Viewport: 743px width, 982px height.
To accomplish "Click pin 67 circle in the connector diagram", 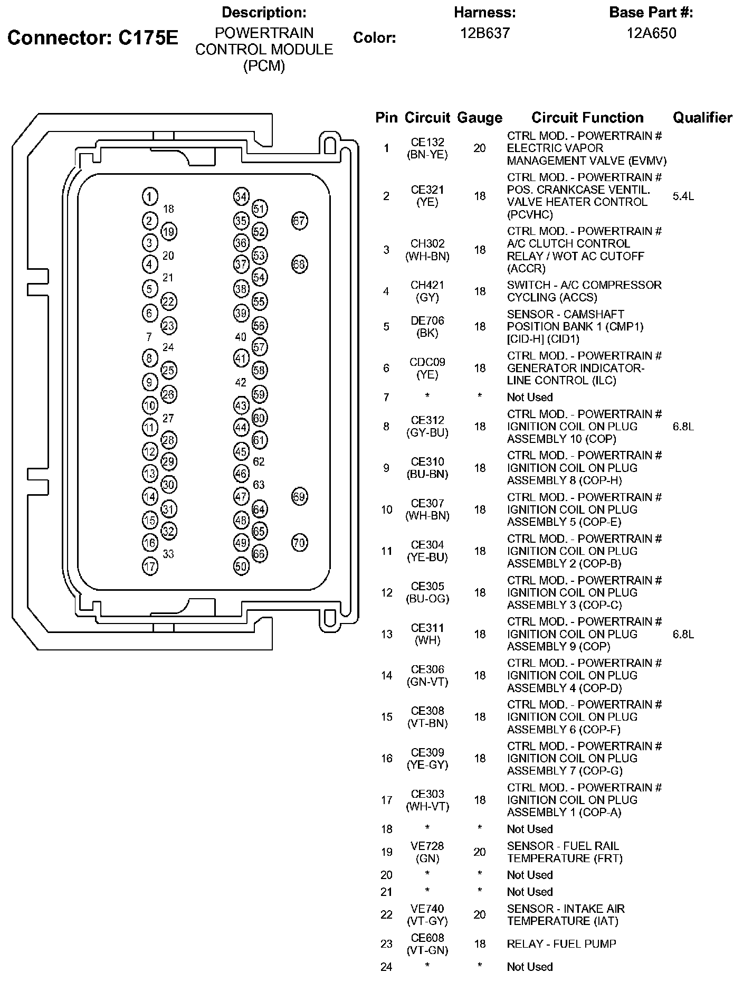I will pos(299,221).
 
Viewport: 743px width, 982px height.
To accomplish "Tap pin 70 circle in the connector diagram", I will pos(299,542).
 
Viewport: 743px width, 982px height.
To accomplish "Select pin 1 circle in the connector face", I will pos(150,196).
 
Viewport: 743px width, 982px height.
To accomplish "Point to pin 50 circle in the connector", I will pos(241,566).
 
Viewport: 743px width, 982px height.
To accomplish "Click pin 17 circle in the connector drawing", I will pos(150,566).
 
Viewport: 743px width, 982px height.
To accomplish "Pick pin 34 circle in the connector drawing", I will pos(241,196).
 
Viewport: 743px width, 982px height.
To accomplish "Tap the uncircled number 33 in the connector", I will pos(168,554).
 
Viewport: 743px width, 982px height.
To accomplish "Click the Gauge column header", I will pos(479,118).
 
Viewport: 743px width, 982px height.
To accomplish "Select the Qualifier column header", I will pos(702,118).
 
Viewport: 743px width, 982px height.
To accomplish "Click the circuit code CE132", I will pos(427,142).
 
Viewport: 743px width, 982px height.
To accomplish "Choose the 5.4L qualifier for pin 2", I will pos(683,196).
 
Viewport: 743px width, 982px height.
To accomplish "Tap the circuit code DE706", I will pos(427,320).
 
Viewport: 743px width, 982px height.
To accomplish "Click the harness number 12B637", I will pos(485,33).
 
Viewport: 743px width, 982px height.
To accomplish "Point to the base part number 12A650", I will pos(651,33).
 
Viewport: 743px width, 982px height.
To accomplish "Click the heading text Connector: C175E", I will pos(93,37).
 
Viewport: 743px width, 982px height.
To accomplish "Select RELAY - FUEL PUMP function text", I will pos(561,943).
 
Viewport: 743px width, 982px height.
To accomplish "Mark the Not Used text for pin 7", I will pos(530,397).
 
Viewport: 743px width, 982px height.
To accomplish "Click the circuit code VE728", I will pos(427,846).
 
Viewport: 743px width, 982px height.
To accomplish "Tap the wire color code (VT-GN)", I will pos(427,950).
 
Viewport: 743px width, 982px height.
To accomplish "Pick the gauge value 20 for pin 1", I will pos(479,148).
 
